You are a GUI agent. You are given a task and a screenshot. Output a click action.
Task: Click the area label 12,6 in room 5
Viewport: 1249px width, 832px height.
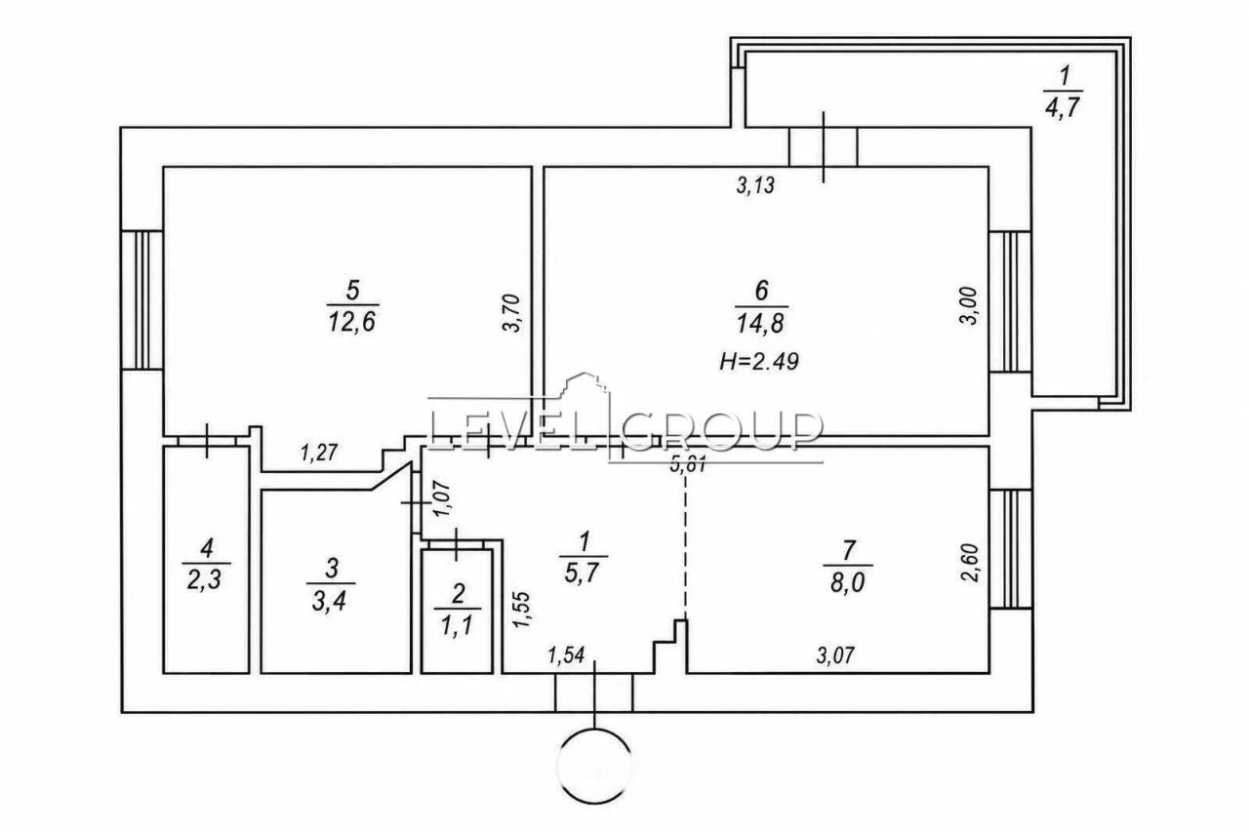(x=352, y=322)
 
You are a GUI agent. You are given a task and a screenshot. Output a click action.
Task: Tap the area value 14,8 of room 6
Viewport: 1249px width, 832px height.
(x=760, y=323)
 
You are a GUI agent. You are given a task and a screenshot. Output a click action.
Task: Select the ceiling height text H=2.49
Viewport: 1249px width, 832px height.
(x=759, y=362)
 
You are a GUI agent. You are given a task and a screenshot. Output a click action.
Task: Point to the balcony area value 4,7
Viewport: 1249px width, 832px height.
(x=1063, y=107)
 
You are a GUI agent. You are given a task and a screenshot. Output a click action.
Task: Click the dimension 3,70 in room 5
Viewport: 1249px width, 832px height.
(x=511, y=313)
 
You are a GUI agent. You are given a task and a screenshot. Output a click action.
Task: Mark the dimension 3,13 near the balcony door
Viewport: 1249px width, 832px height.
(x=755, y=185)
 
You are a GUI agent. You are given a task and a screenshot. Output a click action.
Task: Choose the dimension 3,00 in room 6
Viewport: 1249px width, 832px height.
(x=969, y=305)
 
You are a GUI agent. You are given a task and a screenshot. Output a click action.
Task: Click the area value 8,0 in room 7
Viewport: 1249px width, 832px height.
(x=847, y=583)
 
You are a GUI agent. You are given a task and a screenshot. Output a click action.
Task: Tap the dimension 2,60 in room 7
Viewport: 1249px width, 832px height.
(x=970, y=563)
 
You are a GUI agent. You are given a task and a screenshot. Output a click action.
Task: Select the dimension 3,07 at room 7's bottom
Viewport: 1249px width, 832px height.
(x=835, y=655)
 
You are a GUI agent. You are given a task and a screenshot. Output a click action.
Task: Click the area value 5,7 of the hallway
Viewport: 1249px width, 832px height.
(x=583, y=573)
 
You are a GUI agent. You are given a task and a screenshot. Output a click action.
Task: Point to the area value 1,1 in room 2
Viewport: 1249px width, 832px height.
(x=457, y=625)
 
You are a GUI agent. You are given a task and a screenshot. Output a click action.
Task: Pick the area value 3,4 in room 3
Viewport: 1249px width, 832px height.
(x=331, y=601)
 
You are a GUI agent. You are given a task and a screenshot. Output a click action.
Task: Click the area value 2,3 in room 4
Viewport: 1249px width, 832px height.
(x=205, y=581)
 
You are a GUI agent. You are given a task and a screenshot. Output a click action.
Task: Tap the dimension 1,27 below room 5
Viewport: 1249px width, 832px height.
(x=319, y=452)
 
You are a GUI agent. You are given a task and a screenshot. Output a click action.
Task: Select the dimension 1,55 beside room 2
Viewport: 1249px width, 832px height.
(x=521, y=609)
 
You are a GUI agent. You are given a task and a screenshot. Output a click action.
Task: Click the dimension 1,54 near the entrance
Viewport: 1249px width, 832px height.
(x=566, y=655)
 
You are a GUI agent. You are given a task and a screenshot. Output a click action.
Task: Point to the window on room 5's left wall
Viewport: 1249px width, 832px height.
(x=141, y=299)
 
